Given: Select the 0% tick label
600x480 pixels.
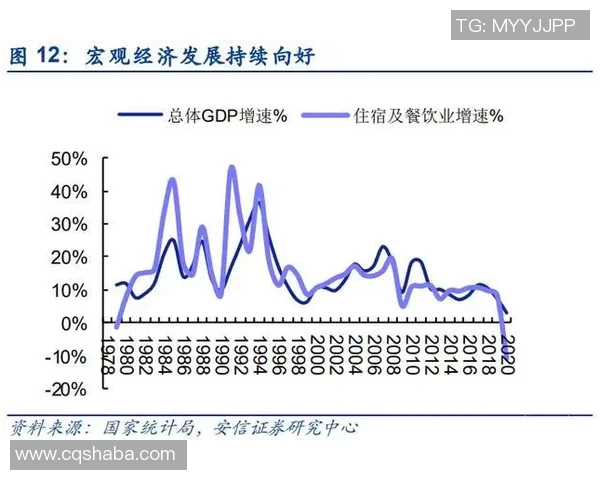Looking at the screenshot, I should pos(77,323).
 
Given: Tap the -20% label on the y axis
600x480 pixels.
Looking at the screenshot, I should pos(68,389).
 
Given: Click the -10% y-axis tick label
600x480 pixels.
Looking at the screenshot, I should pos(68,356).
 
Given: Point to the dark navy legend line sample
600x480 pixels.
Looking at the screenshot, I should pos(139,116).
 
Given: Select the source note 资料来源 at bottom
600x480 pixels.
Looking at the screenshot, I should pos(45,429).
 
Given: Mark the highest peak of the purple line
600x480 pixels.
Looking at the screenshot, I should pos(232,167).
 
